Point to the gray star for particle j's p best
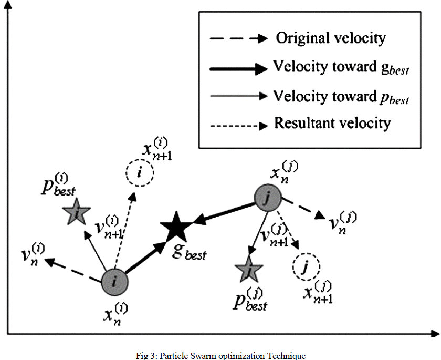tap(249, 270)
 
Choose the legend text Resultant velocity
tap(332, 124)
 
